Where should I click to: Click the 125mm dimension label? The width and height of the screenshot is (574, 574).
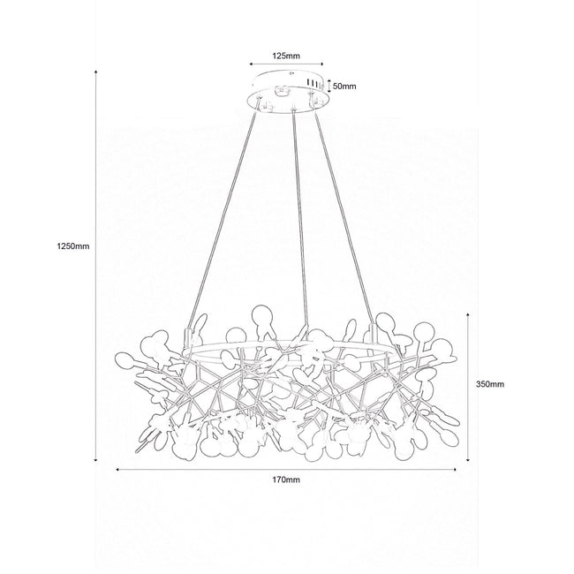pyautogui.click(x=286, y=56)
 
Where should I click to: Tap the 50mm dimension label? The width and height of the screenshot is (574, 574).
pyautogui.click(x=344, y=87)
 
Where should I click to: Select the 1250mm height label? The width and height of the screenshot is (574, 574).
pyautogui.click(x=72, y=246)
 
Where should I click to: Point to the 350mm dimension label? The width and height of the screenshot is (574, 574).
pyautogui.click(x=490, y=384)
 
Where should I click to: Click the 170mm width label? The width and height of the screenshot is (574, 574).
pyautogui.click(x=286, y=480)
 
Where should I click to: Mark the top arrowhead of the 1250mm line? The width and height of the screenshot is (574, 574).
pyautogui.click(x=96, y=71)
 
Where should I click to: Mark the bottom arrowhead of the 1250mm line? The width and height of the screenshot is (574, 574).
pyautogui.click(x=96, y=459)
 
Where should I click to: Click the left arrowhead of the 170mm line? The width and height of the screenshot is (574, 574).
pyautogui.click(x=117, y=469)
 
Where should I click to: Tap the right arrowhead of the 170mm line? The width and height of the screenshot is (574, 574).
pyautogui.click(x=455, y=469)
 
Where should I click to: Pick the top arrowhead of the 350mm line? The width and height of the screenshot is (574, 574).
pyautogui.click(x=468, y=314)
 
